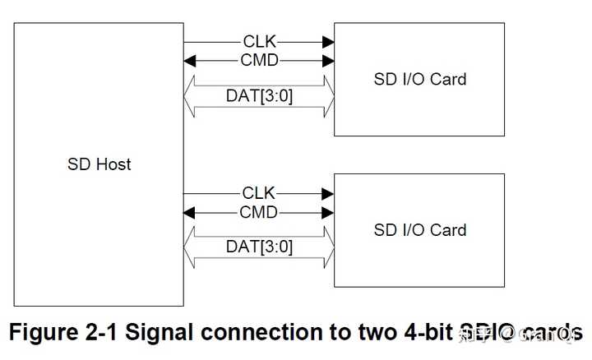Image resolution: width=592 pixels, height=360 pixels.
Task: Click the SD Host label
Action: pos(99,164)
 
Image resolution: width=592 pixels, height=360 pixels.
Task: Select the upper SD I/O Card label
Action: pos(419,80)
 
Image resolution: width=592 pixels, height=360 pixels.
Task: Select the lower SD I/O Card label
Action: pos(419,230)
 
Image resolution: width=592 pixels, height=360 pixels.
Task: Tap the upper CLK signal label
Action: pos(259,41)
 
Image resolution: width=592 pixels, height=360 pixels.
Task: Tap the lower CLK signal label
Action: pos(259,193)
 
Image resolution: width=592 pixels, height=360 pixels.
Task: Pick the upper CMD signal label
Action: pos(259,60)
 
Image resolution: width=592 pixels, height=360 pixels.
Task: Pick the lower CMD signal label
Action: pos(259,213)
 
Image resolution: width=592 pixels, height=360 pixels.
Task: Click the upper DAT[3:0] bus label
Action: pos(259,95)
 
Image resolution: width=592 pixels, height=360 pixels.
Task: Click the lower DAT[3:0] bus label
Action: pos(259,247)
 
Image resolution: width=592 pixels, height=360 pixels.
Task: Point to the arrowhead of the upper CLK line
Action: pos(329,41)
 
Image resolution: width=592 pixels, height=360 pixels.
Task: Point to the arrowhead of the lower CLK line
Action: pos(329,193)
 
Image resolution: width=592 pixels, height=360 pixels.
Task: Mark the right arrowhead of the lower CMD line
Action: pos(329,213)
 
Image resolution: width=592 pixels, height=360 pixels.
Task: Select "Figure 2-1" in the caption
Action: pos(62,332)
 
